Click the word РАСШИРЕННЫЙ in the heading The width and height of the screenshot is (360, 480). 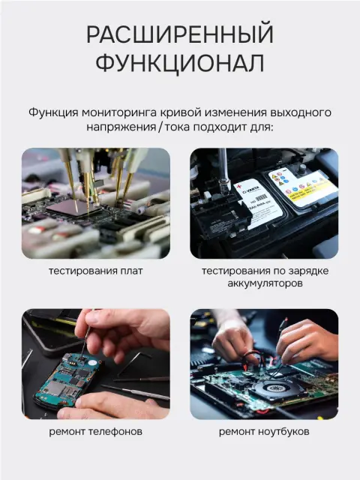tap(180, 34)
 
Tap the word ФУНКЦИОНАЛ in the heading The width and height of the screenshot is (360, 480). tap(180, 63)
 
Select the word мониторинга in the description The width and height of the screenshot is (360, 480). tap(119, 112)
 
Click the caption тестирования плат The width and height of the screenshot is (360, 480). tap(96, 271)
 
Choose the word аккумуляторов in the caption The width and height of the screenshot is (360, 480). tap(265, 283)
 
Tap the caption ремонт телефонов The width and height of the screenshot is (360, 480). tap(96, 432)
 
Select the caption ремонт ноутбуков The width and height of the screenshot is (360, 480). tap(264, 432)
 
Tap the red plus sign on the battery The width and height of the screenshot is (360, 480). tap(239, 187)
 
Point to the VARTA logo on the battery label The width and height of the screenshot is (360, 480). tap(251, 190)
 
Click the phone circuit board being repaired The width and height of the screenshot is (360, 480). tap(69, 379)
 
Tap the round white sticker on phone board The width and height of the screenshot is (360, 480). tap(91, 363)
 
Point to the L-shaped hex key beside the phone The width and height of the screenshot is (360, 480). tap(135, 363)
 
